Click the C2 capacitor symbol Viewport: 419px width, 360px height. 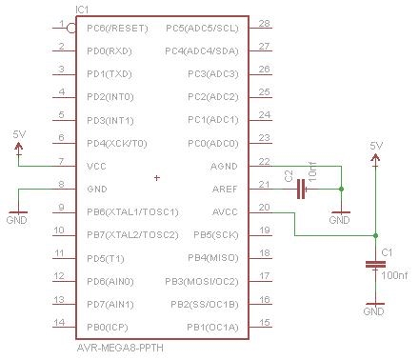click(301, 190)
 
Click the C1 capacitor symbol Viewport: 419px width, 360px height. click(375, 265)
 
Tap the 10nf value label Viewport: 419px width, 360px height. click(312, 171)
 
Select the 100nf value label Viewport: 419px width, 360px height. click(394, 275)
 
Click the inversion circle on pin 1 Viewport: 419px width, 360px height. click(71, 29)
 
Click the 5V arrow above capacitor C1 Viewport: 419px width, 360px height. click(375, 158)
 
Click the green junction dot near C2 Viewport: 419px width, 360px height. click(341, 190)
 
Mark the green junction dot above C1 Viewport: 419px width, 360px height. click(375, 235)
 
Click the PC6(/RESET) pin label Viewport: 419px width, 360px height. click(117, 29)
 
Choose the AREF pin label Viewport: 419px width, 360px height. click(225, 190)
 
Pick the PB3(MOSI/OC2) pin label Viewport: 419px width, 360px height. click(202, 282)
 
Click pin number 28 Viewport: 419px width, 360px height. click(264, 23)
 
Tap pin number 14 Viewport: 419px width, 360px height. click(59, 323)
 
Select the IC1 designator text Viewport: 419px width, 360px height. click(82, 10)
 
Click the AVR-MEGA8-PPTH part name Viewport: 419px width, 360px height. click(120, 348)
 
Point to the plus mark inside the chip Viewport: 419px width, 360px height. click(157, 178)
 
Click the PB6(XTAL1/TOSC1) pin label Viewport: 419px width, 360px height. click(132, 212)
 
